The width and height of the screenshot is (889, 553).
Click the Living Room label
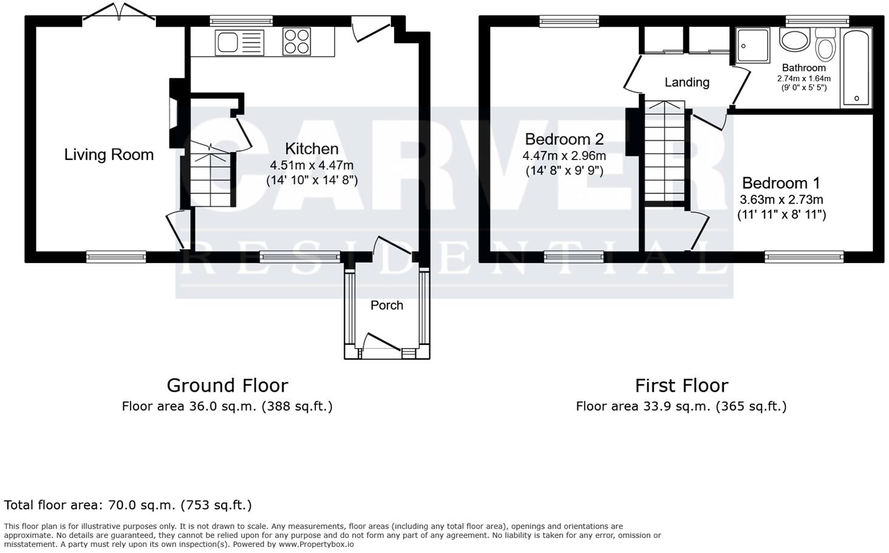point(109,155)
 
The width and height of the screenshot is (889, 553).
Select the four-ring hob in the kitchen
point(297,42)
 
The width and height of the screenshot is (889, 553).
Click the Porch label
point(387,305)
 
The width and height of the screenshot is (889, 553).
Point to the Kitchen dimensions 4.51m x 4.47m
point(312,165)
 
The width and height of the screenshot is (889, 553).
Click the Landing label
point(687,82)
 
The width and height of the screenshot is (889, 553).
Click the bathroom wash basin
point(794,41)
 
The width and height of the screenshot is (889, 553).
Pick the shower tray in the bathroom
point(752,45)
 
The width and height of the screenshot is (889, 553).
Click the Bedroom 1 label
point(781,183)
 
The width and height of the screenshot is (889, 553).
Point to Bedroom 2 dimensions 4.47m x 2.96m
point(564,156)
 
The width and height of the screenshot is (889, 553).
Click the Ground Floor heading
point(227,385)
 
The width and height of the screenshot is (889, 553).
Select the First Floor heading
point(681,385)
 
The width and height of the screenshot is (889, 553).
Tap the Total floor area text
point(128,504)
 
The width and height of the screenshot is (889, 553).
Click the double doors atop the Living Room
point(119,12)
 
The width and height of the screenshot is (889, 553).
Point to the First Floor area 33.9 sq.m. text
point(681,406)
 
